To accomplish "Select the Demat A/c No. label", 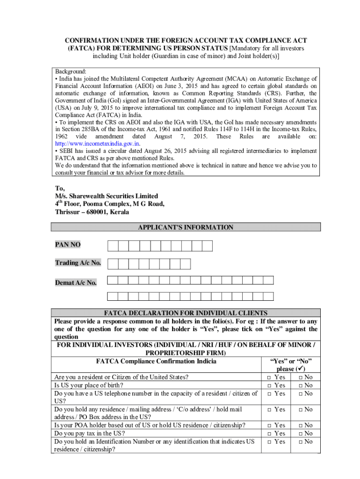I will pos(76,283).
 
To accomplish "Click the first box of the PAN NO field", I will pos(113,246).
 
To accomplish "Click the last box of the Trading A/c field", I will pos(185,264).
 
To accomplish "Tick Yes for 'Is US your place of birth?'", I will pos(269,385).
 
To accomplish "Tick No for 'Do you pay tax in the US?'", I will pos(301,434).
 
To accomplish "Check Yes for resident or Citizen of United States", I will pos(269,377).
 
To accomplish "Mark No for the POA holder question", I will pos(301,426).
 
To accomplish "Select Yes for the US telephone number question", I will pos(269,394).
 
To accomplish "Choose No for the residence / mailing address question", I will pos(301,410).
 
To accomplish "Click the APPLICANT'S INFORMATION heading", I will pos(185,227).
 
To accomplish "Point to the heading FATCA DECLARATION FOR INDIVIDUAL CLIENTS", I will pos(185,313).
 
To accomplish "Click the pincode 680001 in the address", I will pos(95,212).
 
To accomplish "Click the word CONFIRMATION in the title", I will pos(86,41).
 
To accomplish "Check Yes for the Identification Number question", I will pos(269,442).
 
